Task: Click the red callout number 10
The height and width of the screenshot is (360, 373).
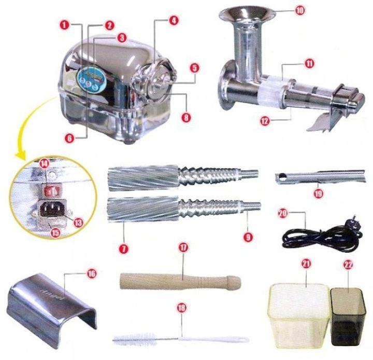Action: point(300,9)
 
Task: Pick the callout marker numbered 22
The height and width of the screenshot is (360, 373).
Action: point(348,265)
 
